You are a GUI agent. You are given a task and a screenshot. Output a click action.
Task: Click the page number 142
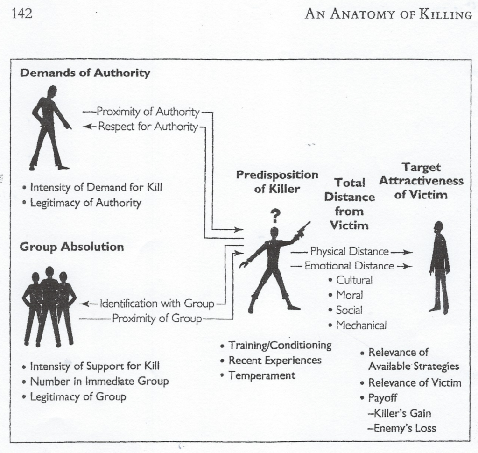(21, 14)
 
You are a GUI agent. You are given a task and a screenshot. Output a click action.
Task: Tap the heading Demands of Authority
(85, 73)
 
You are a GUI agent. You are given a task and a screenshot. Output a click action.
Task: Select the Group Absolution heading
(72, 247)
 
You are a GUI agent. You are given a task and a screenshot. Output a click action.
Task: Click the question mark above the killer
(275, 216)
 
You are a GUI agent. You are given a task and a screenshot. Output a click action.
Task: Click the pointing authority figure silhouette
(50, 127)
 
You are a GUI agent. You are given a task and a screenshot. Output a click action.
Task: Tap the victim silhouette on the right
(439, 268)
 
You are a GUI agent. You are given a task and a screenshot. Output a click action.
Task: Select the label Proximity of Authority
(148, 112)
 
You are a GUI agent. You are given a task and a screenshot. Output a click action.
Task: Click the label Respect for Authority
(148, 126)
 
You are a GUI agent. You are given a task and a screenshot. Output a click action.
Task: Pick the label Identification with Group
(157, 304)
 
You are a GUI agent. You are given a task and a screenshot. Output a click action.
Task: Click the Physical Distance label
(349, 251)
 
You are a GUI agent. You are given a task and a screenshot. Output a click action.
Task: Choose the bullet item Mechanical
(361, 325)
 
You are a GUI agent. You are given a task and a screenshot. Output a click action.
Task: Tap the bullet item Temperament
(262, 375)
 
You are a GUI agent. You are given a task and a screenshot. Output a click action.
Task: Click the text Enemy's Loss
(405, 428)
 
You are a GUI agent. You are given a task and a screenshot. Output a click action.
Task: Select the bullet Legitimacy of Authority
(86, 203)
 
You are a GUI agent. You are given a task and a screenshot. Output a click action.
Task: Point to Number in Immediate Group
(99, 381)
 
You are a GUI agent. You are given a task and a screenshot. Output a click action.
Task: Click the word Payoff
(383, 398)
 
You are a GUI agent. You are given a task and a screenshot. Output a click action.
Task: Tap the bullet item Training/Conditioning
(280, 345)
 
